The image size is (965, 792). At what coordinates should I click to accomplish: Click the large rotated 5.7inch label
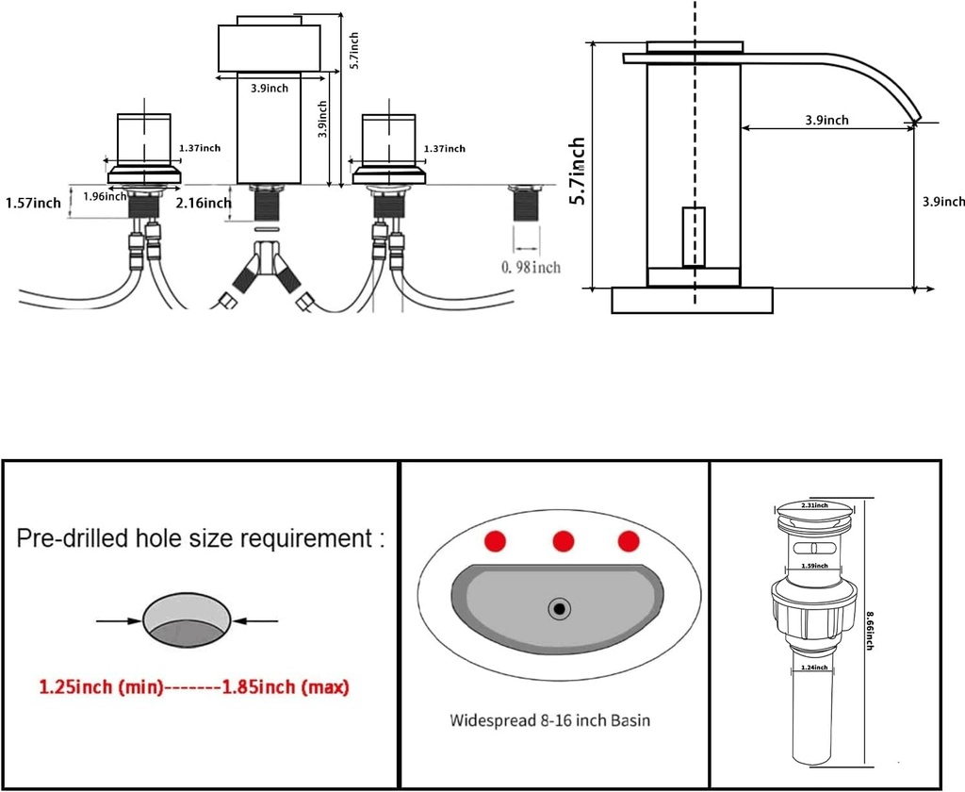[578, 171]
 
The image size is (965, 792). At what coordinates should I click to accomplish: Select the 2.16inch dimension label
[203, 203]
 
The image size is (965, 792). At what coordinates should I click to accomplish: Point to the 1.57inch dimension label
[33, 203]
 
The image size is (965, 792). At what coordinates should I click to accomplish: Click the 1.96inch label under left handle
[105, 196]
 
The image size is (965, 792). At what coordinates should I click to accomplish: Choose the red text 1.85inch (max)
[285, 687]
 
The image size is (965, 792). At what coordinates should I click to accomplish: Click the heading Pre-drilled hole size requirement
[201, 539]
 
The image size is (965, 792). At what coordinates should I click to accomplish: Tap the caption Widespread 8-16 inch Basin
[549, 720]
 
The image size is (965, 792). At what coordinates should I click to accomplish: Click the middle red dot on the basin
[564, 541]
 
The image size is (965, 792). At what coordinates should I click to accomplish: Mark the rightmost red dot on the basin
[629, 541]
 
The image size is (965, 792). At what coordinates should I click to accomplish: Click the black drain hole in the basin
[560, 609]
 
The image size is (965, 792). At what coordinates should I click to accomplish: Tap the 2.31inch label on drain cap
[813, 505]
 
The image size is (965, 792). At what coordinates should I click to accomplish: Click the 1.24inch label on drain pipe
[813, 667]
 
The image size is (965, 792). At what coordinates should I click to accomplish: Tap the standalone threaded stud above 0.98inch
[527, 203]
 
